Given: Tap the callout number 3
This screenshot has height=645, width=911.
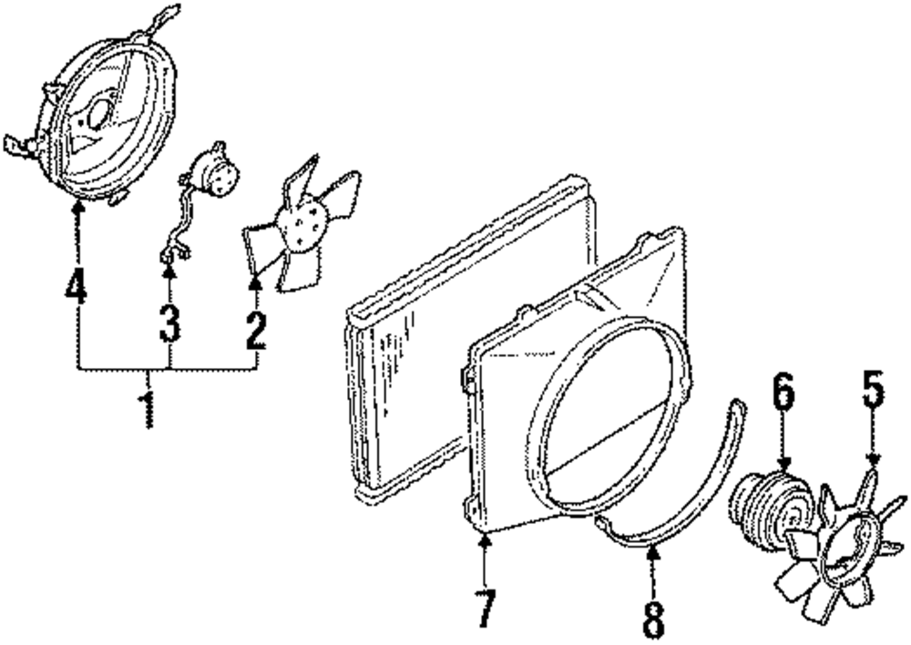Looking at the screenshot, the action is point(169,323).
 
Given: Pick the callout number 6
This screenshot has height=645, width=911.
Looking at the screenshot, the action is point(783,393).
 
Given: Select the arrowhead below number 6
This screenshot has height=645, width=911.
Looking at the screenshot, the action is point(784,466).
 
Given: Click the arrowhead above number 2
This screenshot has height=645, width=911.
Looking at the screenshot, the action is point(256,285).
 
